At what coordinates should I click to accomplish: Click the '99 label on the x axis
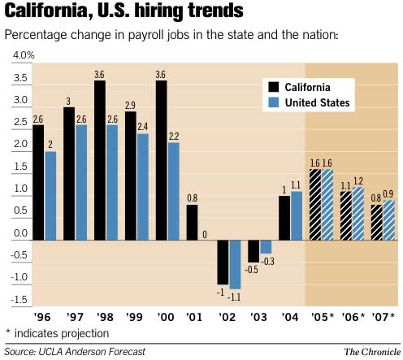(x=135, y=316)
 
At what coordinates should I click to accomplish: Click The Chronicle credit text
(x=369, y=351)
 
